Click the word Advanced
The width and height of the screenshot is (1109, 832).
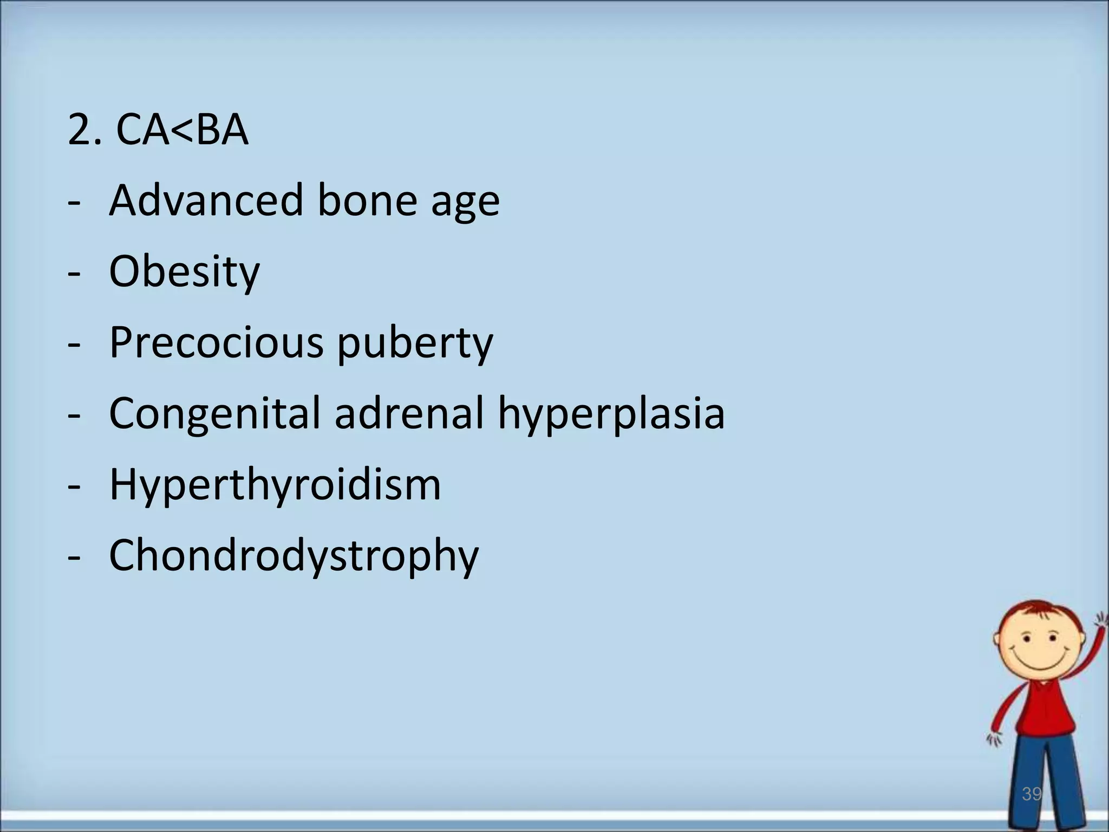[x=206, y=200]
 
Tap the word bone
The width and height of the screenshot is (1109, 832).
[x=366, y=200]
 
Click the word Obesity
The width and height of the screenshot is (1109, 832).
[x=184, y=272]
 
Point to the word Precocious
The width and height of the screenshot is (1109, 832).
[x=216, y=342]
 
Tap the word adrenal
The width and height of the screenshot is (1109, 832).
[x=409, y=413]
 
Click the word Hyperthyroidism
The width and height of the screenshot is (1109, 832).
[x=275, y=484]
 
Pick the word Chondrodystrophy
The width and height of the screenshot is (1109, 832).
[x=294, y=557]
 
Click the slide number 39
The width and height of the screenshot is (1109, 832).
[x=1032, y=794]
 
